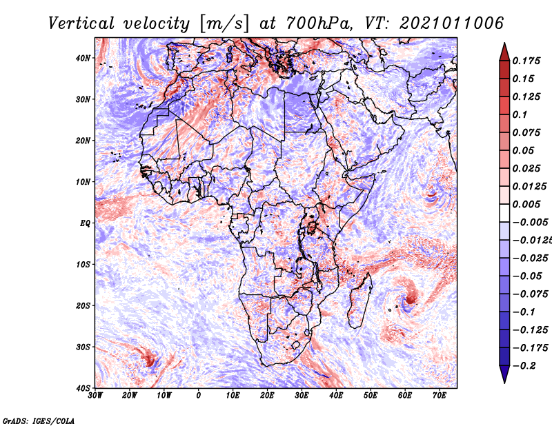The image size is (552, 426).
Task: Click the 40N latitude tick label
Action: pos(83,58)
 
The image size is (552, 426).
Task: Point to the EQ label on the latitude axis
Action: pos(85,223)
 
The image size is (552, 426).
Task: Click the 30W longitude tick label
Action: pos(95,396)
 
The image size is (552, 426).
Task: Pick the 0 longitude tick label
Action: pos(199,396)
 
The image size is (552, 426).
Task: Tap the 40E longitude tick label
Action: pos(336,396)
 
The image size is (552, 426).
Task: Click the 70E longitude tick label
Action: pos(440,396)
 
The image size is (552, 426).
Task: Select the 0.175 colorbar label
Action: pos(526,61)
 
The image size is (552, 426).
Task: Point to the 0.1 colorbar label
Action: pos(520,114)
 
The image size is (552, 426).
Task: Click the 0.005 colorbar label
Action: pos(526,204)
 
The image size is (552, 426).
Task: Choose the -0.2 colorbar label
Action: pos(524,366)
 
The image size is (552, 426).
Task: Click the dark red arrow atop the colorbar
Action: pos(504,53)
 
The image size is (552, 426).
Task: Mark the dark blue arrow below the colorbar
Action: pos(504,374)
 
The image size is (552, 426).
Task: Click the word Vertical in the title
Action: pos(81,23)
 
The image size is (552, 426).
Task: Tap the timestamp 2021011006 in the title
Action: pos(452,23)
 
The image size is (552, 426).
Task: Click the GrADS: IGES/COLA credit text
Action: pos(39,420)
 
